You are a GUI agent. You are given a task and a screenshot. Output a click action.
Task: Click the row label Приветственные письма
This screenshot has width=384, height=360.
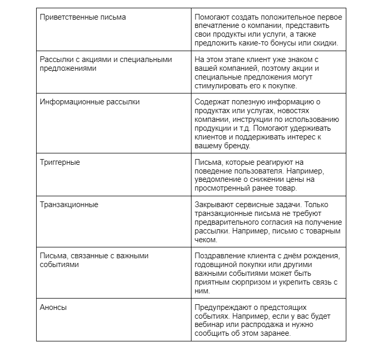tap(83, 17)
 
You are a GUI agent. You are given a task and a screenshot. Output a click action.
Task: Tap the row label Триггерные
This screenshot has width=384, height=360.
tap(60, 162)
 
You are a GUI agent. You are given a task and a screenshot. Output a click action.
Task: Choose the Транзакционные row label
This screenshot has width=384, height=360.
tap(69, 205)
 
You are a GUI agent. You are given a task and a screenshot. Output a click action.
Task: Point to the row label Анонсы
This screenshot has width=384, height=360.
tap(53, 307)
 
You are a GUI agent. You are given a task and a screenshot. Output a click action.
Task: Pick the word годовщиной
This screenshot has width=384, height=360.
tap(218, 264)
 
